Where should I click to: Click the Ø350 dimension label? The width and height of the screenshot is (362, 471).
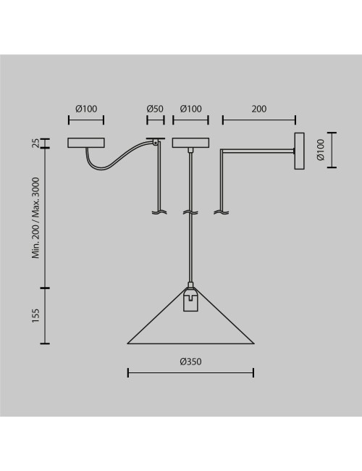(x=190, y=362)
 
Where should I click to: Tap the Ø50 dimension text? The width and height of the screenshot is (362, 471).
(x=155, y=109)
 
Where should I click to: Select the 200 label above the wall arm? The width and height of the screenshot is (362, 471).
(x=259, y=109)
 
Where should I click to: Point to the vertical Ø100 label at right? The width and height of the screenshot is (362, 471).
(x=321, y=149)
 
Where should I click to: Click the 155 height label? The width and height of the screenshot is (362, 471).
(x=35, y=316)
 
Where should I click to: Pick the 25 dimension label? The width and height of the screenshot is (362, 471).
(x=35, y=143)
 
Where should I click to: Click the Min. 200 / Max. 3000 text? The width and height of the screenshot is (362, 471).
(x=35, y=218)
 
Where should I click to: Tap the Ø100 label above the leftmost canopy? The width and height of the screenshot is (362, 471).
(x=86, y=109)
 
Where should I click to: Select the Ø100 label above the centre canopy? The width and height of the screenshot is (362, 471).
(x=190, y=109)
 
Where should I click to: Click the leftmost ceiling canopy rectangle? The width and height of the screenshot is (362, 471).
(x=86, y=143)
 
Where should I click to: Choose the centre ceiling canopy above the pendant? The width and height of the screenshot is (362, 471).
(x=190, y=143)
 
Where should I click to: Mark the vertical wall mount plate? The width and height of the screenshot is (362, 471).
(x=299, y=151)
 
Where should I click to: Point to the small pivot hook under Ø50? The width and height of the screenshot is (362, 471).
(x=155, y=142)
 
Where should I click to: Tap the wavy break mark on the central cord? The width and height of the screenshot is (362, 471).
(x=190, y=212)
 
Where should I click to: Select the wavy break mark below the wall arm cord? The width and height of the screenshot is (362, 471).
(x=222, y=212)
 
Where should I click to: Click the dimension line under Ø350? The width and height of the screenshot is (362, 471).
(x=190, y=372)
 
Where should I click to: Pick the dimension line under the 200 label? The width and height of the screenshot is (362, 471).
(x=259, y=120)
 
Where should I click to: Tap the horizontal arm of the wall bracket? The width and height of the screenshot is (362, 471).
(x=257, y=150)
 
